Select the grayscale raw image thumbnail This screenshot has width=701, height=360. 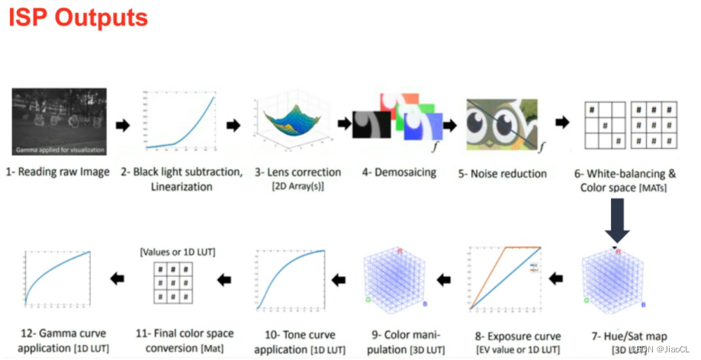point(59,122)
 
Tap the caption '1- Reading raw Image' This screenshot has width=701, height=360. point(59,172)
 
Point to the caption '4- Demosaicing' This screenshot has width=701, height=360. point(399,172)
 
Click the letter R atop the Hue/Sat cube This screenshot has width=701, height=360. point(619,251)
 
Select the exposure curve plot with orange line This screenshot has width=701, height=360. point(506,278)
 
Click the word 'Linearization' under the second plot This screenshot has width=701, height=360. point(182,186)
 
